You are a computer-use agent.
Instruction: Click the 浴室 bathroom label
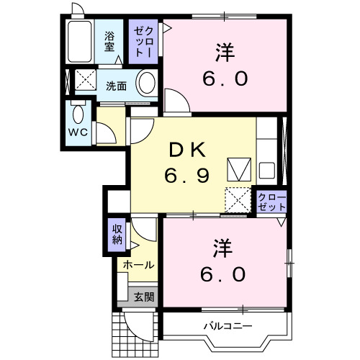click(x=110, y=42)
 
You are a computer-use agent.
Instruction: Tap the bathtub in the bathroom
click(x=79, y=42)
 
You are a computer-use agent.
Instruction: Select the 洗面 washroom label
click(x=116, y=86)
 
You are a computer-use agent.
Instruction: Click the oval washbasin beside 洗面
click(x=148, y=84)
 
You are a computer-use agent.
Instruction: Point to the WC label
click(x=79, y=133)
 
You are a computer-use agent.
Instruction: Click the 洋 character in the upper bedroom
click(x=224, y=52)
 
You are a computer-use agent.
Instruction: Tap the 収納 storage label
click(x=117, y=235)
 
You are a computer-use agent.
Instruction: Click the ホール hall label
click(x=137, y=265)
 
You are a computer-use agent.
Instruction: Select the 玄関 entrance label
click(x=144, y=296)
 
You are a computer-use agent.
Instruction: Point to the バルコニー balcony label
click(x=227, y=325)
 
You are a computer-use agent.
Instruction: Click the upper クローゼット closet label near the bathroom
click(x=141, y=42)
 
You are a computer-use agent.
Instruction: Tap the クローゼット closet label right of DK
click(x=272, y=201)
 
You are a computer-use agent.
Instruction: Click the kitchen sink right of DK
click(x=266, y=172)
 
